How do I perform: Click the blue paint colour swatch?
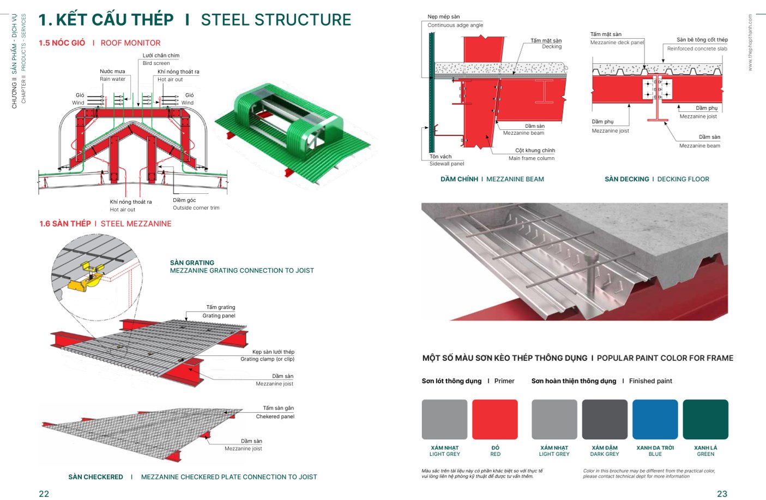(x=655, y=419)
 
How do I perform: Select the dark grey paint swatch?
(x=605, y=419)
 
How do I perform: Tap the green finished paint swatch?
(x=705, y=419)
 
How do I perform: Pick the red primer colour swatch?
(x=494, y=419)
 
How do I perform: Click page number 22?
(x=44, y=493)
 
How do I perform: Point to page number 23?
(x=722, y=493)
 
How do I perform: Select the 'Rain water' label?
(x=112, y=79)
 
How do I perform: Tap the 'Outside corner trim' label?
(x=196, y=208)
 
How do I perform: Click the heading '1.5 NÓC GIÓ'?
(x=62, y=43)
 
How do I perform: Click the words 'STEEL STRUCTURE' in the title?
(x=276, y=20)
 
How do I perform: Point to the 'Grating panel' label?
(x=219, y=316)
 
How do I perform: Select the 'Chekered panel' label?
(x=275, y=416)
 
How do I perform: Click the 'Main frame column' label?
(x=532, y=158)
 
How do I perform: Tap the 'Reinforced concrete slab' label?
(x=697, y=49)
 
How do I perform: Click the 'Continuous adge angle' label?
(x=455, y=25)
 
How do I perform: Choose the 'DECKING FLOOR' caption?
(x=683, y=179)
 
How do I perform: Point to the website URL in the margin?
(x=750, y=43)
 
